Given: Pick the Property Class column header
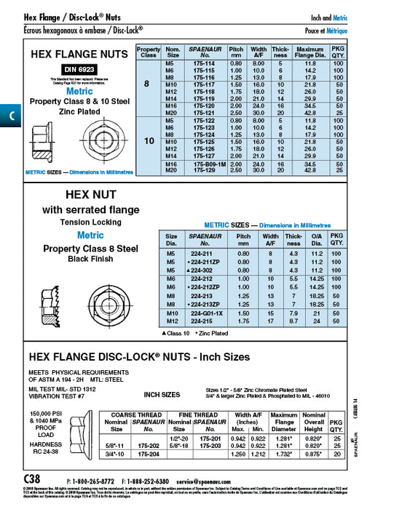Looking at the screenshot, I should coord(149,52).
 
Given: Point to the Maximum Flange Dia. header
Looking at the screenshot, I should coord(310,52).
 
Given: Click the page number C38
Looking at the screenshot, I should coord(33,481).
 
